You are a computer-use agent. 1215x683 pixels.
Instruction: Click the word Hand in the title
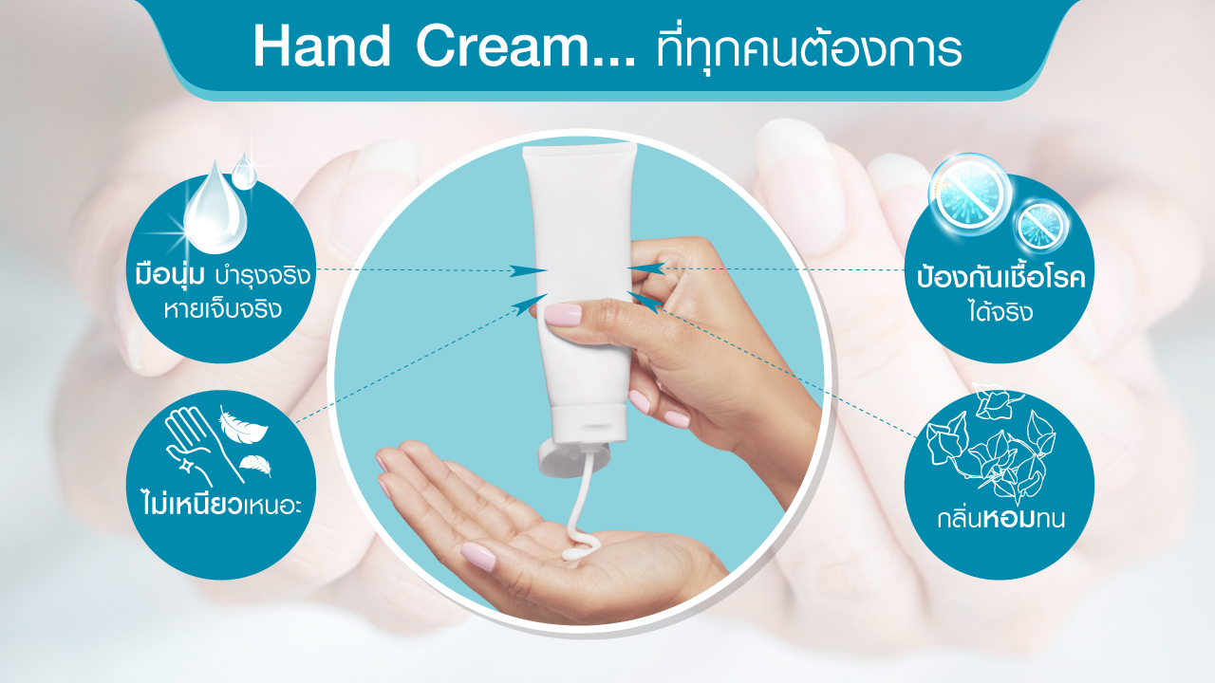coord(322,46)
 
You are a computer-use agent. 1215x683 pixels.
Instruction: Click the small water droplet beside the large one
coord(244,172)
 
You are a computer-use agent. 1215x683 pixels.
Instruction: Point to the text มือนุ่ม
coord(170,274)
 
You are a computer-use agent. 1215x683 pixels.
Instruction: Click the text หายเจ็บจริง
coord(223,309)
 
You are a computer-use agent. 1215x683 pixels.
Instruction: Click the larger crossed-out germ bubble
coord(970,194)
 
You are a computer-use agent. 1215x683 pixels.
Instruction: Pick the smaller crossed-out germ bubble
coord(1041,225)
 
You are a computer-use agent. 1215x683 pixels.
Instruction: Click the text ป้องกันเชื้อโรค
coord(1000,278)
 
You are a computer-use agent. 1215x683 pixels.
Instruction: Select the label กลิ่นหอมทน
coord(1001,518)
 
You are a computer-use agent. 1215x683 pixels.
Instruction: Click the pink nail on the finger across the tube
coord(563,315)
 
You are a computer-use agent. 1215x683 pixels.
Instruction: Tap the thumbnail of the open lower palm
coord(477,556)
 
